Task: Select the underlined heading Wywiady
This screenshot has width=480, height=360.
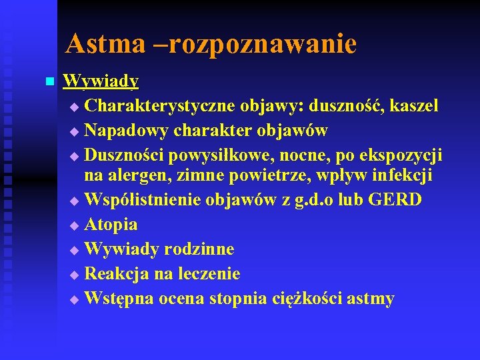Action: point(101,82)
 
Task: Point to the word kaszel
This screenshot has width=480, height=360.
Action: point(414,106)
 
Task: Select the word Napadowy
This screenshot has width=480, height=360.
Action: point(126,130)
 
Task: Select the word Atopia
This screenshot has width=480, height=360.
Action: point(111,225)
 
